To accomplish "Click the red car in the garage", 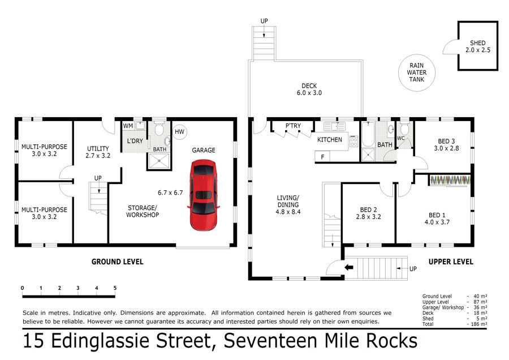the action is tap(203, 195).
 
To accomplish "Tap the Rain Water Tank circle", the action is tap(416, 55).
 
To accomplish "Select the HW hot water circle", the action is tap(179, 131).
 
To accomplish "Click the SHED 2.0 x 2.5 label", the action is tap(477, 46).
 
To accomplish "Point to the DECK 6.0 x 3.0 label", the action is tap(309, 89).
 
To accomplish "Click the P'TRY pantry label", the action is tap(293, 126).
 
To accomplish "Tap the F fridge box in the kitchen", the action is tap(322, 157).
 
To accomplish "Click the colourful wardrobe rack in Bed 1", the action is tap(450, 181).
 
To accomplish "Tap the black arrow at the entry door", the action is tap(349, 267).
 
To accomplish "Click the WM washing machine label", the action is tap(128, 126).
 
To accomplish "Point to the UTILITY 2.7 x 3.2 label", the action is tap(98, 152).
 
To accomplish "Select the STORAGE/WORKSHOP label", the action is tap(143, 211).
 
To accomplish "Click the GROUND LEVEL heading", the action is tap(117, 262).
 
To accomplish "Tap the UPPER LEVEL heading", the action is tap(451, 262).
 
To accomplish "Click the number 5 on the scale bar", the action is tap(115, 288).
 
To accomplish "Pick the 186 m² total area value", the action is tap(479, 324).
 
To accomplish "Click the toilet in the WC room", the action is tap(404, 130).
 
